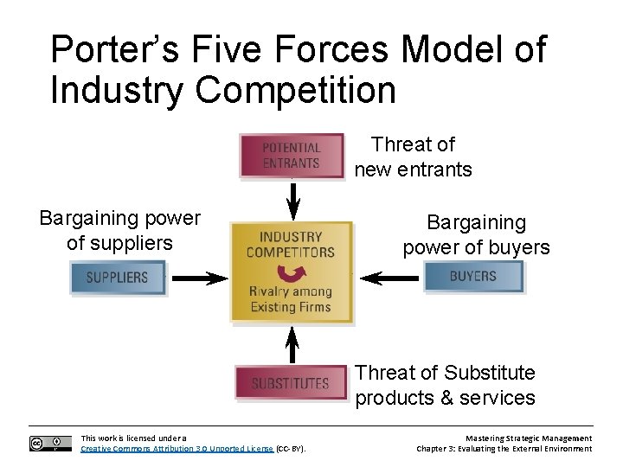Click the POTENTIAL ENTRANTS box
point(292,156)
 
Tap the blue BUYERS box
point(473,277)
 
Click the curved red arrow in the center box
point(296,274)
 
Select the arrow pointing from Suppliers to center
point(198,278)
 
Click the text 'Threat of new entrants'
point(413,157)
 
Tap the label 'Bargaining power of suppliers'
point(119,231)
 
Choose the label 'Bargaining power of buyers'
point(476,235)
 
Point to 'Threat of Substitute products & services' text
point(445,385)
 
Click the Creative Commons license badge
point(50,444)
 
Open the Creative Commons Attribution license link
point(177,449)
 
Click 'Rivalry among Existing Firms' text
point(291,299)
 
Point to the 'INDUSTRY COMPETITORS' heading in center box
point(291,244)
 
